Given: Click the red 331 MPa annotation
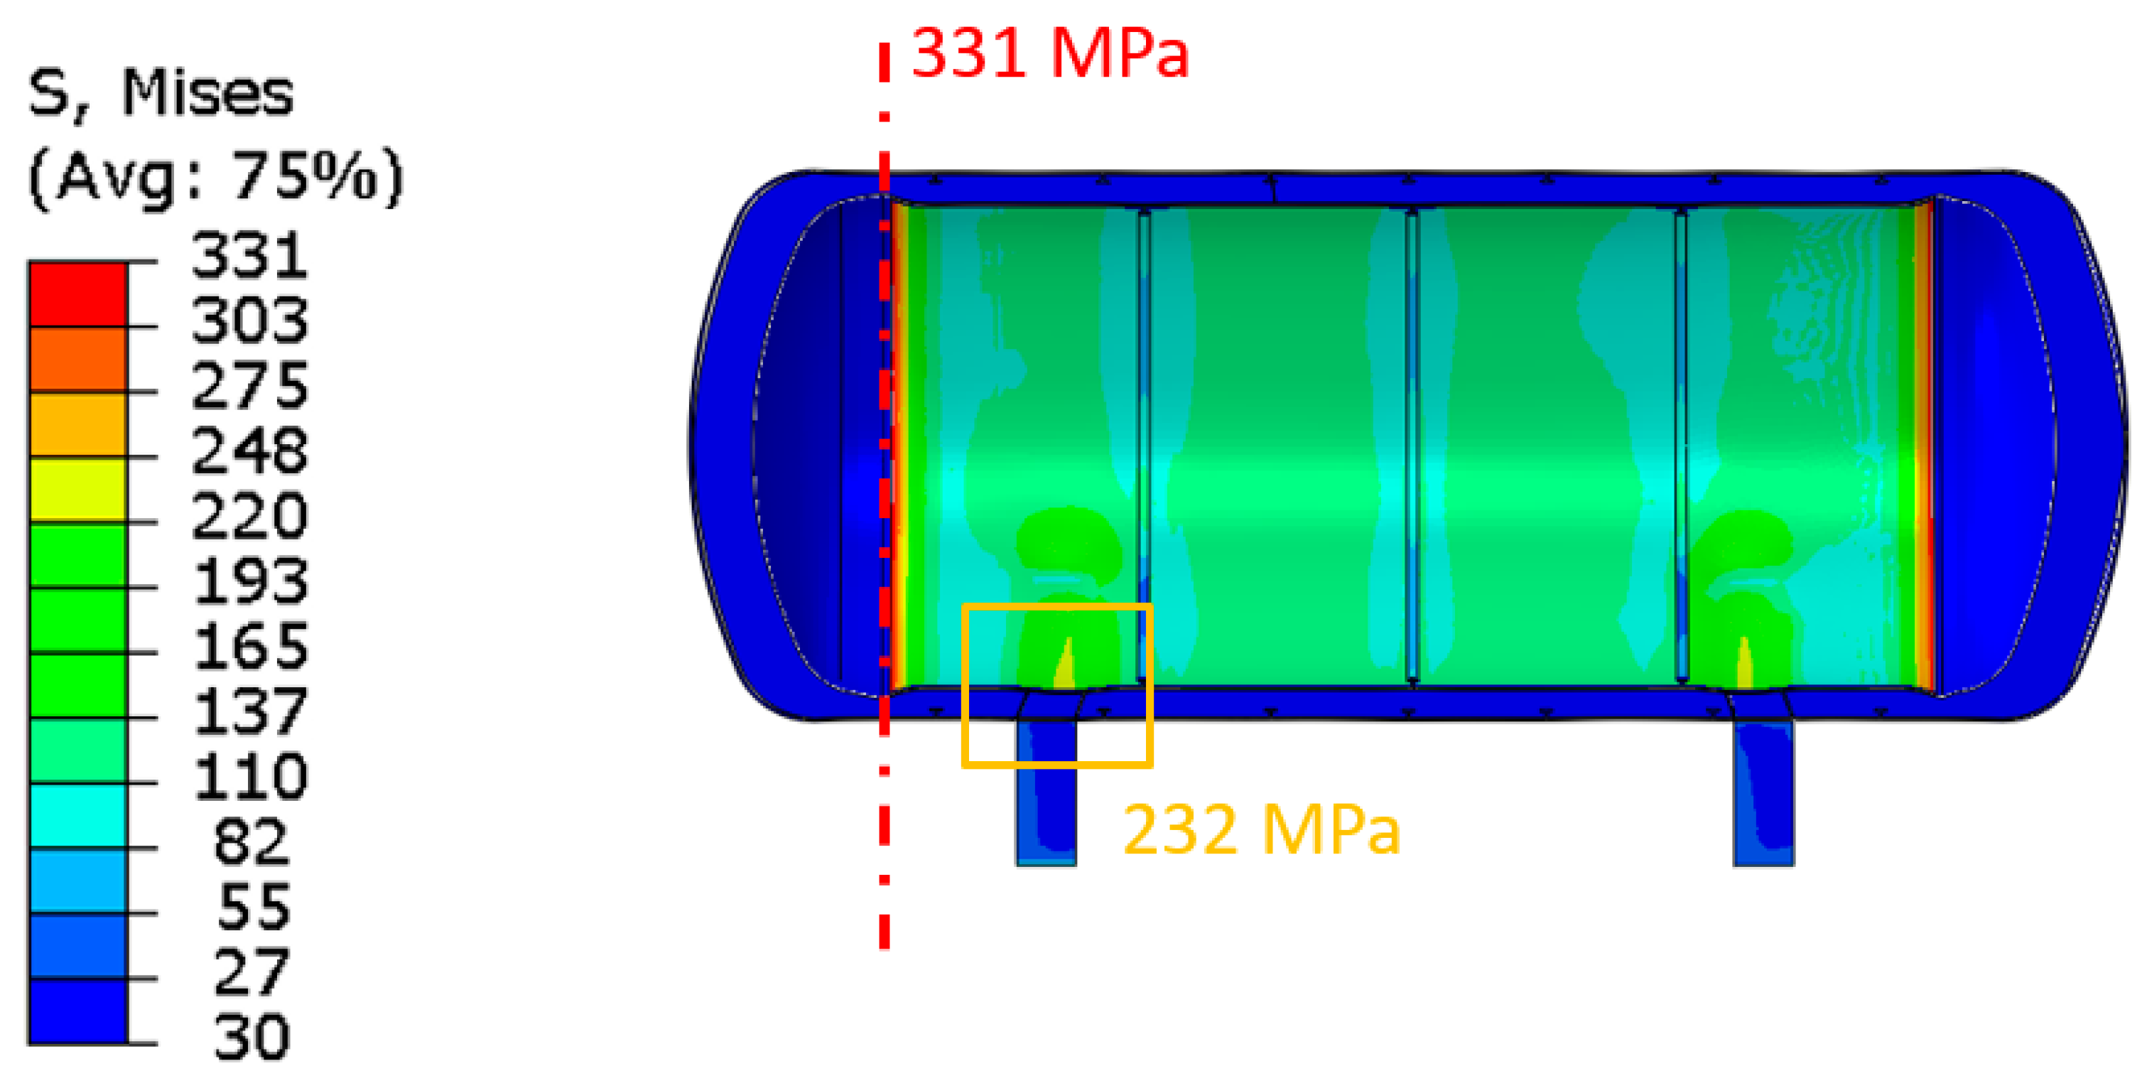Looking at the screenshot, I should click(1049, 53).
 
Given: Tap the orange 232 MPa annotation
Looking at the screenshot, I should click(1260, 829).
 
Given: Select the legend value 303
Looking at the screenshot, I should click(250, 321).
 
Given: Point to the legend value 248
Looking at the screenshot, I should click(250, 451).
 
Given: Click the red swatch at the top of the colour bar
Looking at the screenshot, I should click(78, 294).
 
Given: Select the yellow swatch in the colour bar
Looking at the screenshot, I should click(78, 490).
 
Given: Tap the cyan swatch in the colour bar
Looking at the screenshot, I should click(78, 815).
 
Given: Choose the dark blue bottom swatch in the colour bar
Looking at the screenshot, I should click(78, 1011).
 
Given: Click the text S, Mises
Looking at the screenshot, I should click(161, 93).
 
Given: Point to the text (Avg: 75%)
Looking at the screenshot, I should click(215, 177).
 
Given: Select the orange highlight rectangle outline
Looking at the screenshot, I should click(964, 684).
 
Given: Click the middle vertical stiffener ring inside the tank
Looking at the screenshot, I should click(1411, 446).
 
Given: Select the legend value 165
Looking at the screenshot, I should click(250, 646).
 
